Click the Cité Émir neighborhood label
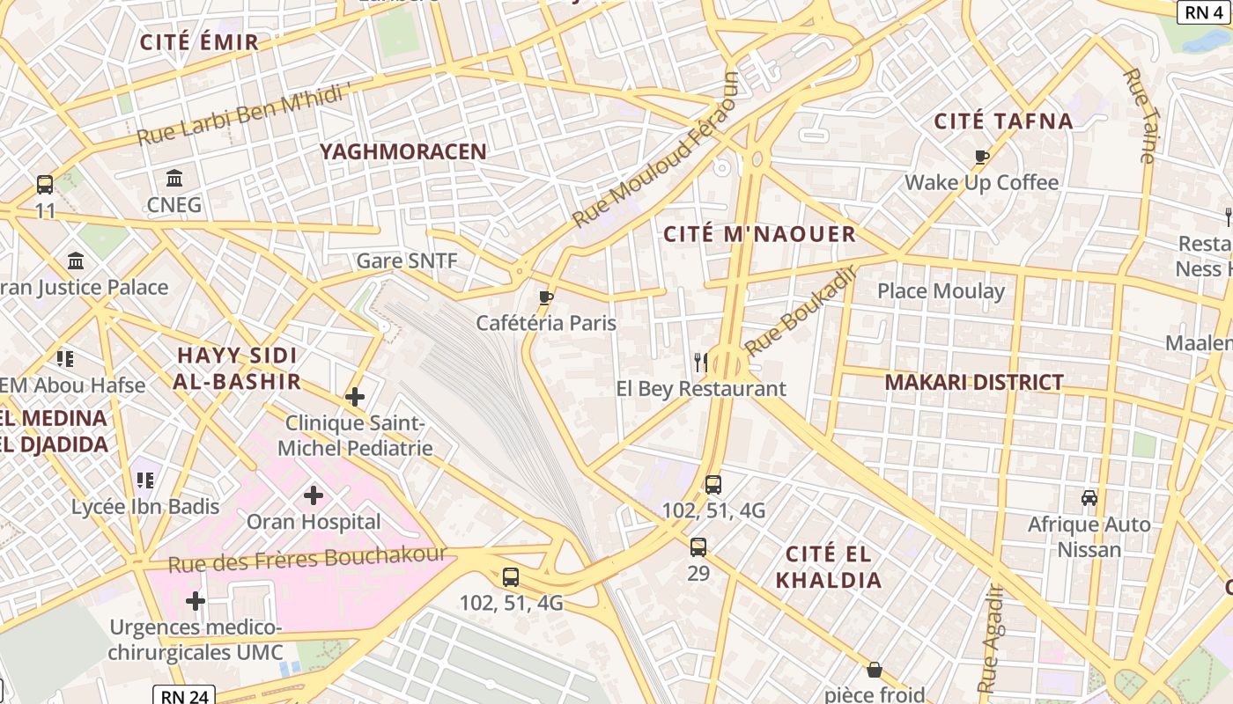coord(199,41)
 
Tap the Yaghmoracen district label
coord(403,151)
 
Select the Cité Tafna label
coord(1003,121)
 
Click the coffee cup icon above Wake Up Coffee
coord(982,158)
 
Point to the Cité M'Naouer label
coord(759,234)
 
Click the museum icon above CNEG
coord(174,179)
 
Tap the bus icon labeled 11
coord(45,185)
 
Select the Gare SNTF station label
coord(407,261)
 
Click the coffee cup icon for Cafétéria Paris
coord(546,297)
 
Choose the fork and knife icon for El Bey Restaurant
coord(701,362)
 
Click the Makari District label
coord(974,382)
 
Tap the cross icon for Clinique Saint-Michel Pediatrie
coord(355,397)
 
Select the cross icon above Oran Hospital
coord(314,495)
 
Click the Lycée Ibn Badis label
coord(145,507)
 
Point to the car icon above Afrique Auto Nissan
coord(1089,498)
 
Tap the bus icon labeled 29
coord(698,547)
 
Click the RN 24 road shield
coord(184,695)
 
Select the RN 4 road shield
coord(1203,11)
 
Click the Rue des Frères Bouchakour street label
coord(307,560)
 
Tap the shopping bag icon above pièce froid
coord(875,670)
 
